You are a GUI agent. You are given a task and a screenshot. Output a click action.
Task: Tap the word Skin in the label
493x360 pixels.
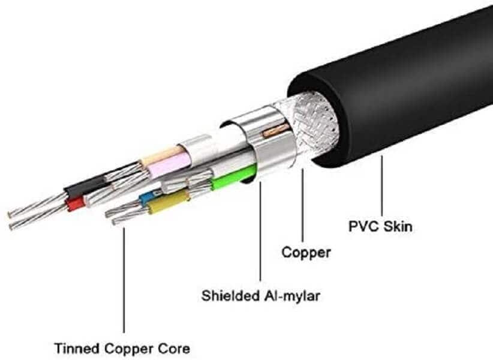click(398, 227)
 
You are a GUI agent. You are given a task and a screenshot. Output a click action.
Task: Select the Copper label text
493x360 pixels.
click(306, 253)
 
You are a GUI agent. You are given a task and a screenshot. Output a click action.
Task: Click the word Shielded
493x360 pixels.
click(230, 295)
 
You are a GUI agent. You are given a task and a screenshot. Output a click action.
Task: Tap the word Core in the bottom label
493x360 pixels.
click(176, 347)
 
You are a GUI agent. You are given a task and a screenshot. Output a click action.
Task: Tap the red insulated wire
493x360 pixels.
click(76, 205)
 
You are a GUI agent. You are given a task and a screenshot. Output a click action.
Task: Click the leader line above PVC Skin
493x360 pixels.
click(381, 186)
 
